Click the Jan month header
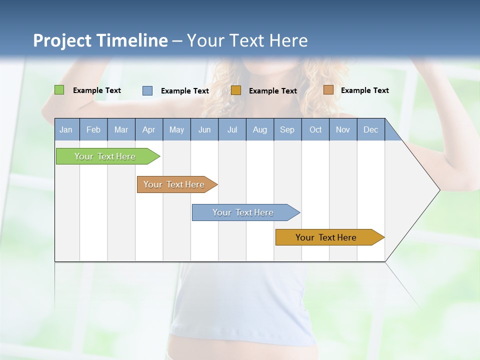66,130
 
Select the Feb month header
93,130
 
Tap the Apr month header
148,130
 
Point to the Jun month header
204,130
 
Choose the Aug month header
259,130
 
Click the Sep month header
287,130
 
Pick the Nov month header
342,130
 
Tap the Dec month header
370,130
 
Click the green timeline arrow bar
105,156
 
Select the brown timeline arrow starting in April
174,184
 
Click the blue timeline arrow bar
243,212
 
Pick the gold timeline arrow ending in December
326,237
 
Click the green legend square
59,90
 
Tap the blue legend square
147,90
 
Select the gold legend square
236,90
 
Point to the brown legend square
328,90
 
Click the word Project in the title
61,40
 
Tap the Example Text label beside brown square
364,90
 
